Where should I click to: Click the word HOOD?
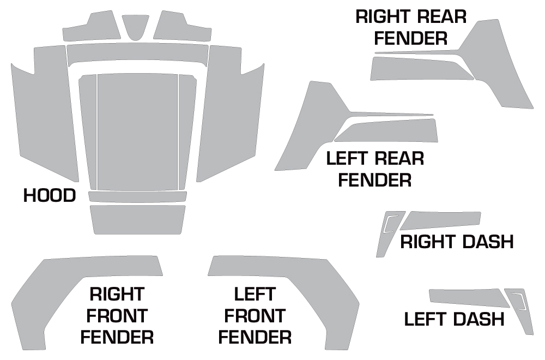50,195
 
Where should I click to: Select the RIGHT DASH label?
457,241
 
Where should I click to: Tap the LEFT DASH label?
454,319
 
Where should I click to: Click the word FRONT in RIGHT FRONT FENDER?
117,315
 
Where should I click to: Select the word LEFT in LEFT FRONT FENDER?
254,295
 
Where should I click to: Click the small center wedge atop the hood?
135,26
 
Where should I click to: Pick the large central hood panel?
137,131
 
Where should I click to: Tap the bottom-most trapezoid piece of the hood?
137,219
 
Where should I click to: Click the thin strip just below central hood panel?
137,197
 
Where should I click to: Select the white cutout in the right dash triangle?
390,224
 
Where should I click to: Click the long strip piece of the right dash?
441,220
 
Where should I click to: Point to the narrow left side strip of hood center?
89,131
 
